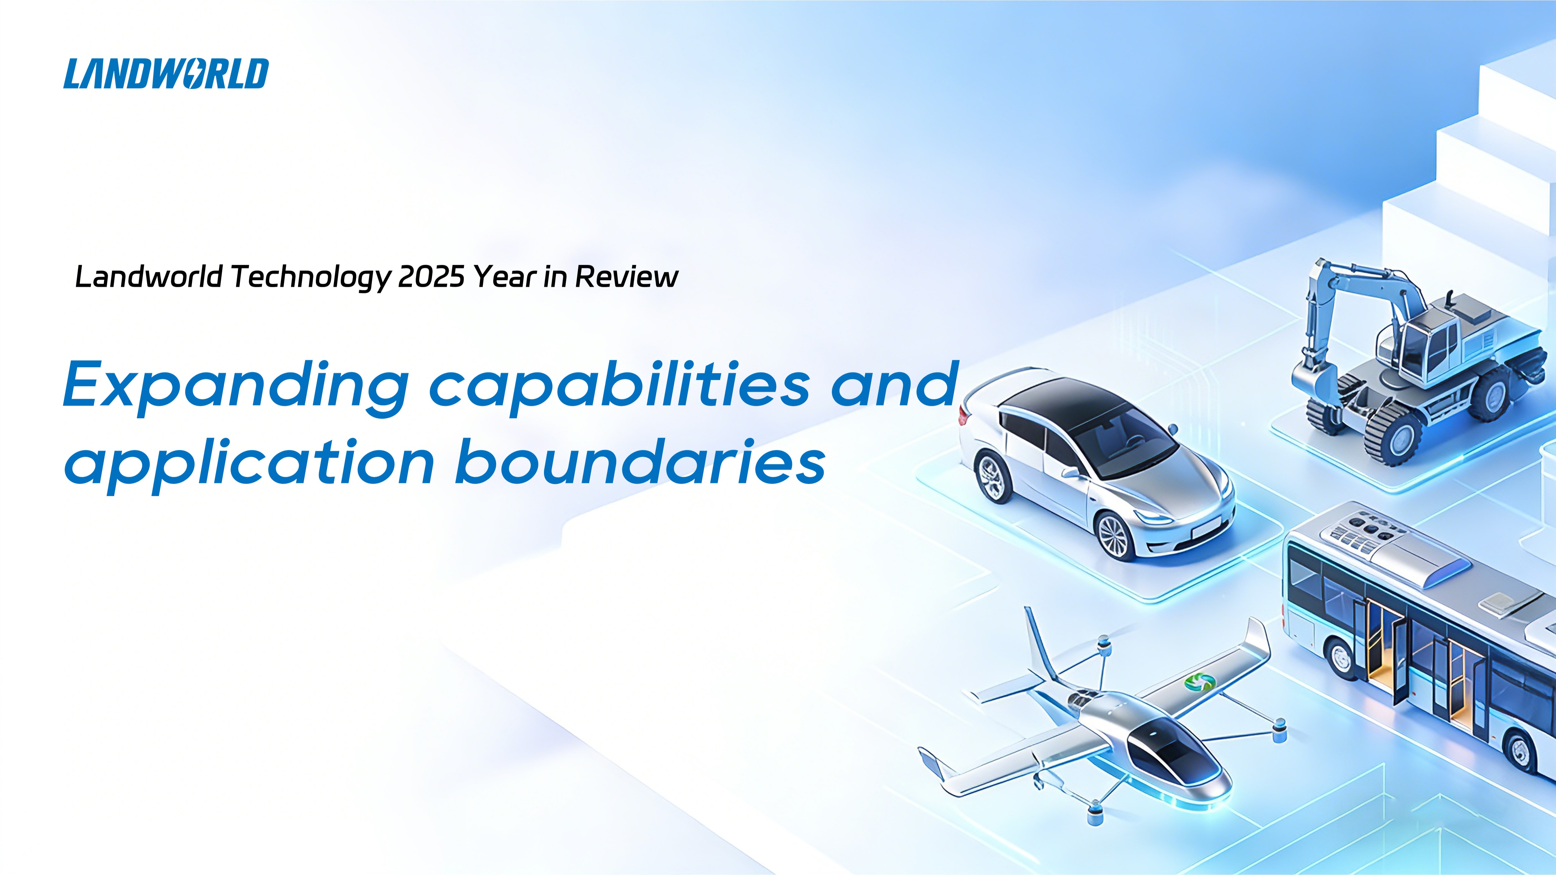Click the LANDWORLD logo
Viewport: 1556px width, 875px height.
tap(166, 74)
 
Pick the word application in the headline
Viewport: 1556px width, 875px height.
tap(250, 464)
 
